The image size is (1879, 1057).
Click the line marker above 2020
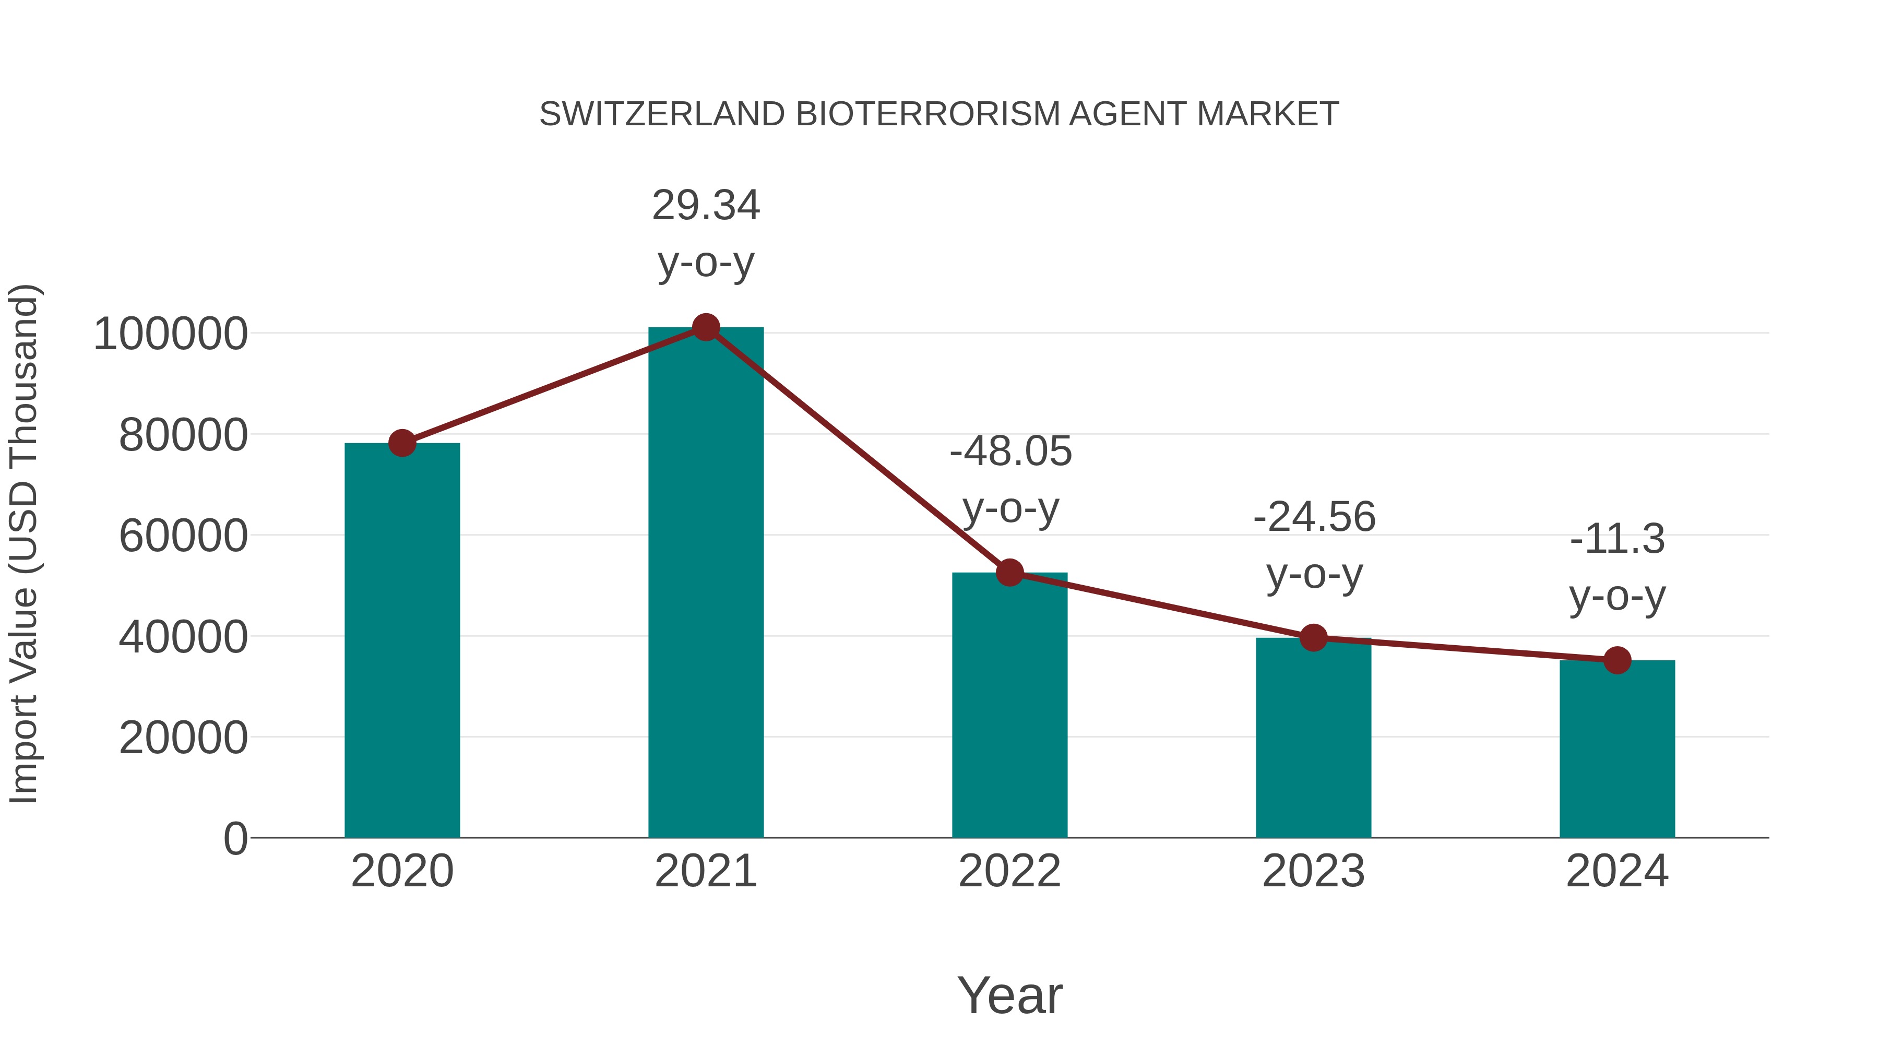tap(402, 443)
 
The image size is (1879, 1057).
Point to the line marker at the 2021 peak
tap(705, 327)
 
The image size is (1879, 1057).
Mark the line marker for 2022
tap(1009, 573)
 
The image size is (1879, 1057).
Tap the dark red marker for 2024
tap(1617, 660)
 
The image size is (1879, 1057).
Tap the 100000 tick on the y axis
tap(171, 334)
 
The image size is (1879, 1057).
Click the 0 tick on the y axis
tap(235, 839)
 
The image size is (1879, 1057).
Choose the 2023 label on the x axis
tap(1313, 871)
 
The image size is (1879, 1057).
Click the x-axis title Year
tap(1009, 995)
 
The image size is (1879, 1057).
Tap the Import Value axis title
tap(23, 543)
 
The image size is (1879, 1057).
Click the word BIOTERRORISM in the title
tap(926, 114)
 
